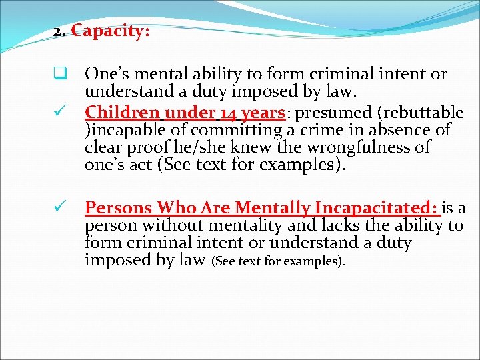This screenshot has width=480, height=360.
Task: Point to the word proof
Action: point(151,147)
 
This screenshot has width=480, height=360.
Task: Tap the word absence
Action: point(400,129)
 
